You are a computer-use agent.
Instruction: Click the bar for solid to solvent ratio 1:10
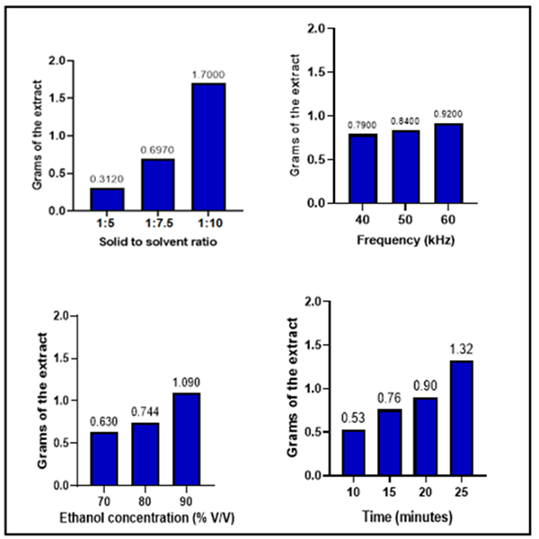[x=208, y=146]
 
